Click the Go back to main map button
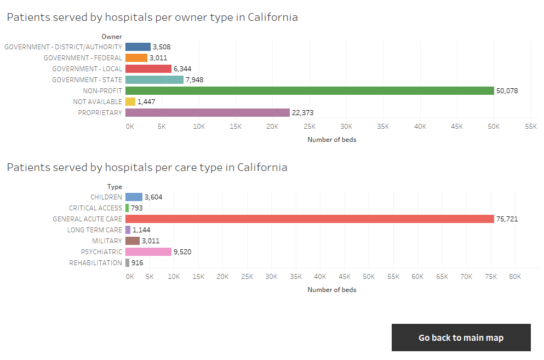point(461,338)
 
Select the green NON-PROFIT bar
point(310,90)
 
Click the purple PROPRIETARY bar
point(207,112)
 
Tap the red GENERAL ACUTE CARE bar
point(310,219)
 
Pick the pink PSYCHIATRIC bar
point(148,252)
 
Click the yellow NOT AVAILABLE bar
point(130,101)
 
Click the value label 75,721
point(507,219)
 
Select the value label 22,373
point(303,113)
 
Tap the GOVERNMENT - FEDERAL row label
point(83,58)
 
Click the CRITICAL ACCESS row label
point(95,208)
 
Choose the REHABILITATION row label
point(95,263)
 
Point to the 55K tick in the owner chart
point(530,126)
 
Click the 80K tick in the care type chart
point(514,276)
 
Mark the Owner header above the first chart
point(112,37)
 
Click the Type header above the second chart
point(114,187)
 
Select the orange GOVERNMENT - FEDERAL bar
point(136,58)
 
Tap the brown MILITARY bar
point(133,241)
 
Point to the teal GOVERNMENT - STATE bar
point(154,79)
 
